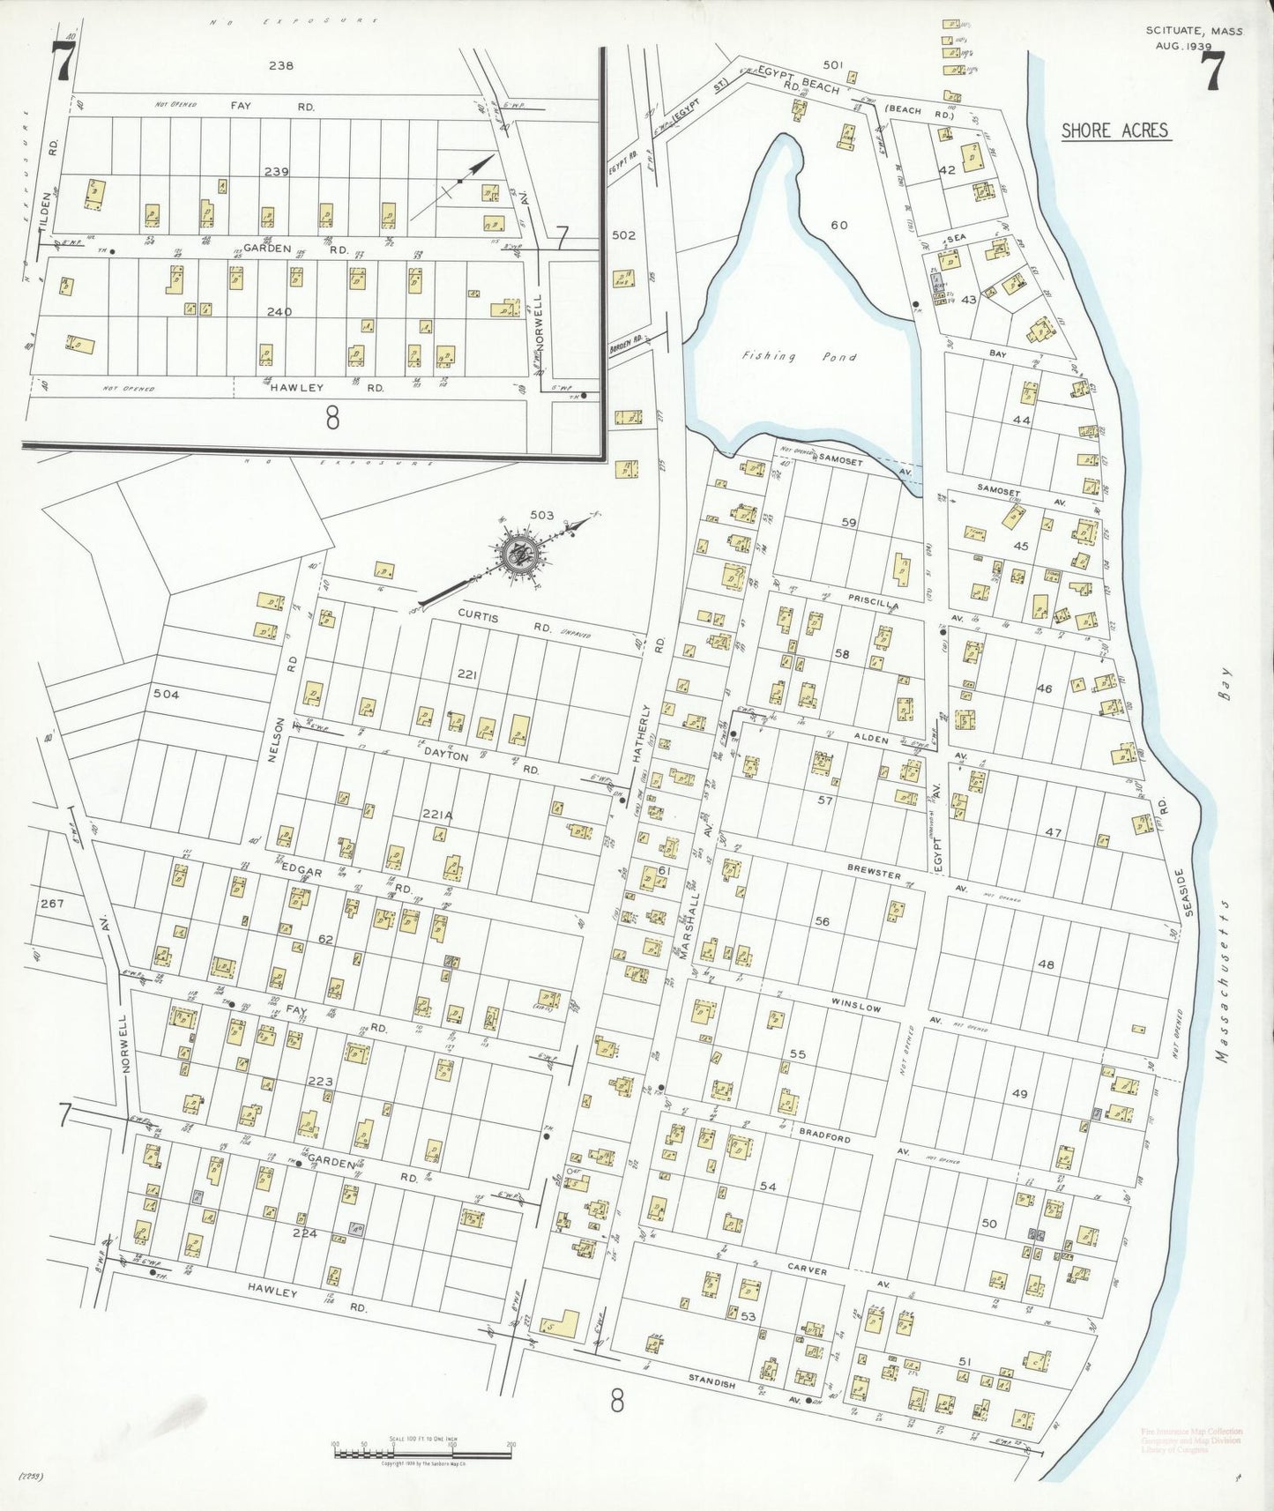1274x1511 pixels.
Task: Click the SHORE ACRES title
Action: click(1114, 131)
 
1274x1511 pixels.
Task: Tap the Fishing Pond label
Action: click(800, 357)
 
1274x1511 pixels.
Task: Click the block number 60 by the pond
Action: click(838, 226)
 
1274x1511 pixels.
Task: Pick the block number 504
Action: click(166, 695)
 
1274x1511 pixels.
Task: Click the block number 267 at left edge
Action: click(52, 904)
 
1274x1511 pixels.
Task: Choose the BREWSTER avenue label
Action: click(873, 873)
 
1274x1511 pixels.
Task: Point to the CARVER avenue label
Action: click(807, 1270)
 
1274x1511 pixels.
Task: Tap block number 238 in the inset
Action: click(281, 65)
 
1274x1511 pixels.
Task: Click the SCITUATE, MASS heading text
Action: click(1194, 31)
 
